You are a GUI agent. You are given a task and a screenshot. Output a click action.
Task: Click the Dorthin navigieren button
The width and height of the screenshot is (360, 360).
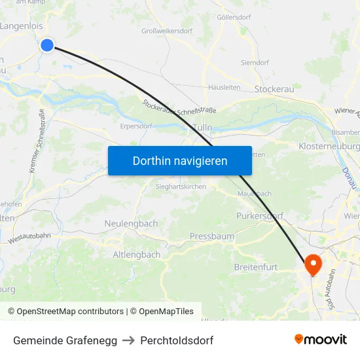tap(180, 160)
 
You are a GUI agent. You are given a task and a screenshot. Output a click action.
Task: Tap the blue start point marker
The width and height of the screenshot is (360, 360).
tap(47, 45)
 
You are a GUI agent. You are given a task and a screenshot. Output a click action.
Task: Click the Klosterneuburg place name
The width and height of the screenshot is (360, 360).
tap(329, 146)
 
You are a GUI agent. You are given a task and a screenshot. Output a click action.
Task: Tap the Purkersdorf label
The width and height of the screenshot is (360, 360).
tap(259, 215)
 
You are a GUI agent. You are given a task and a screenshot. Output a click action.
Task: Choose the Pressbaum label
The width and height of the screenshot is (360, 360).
tap(212, 236)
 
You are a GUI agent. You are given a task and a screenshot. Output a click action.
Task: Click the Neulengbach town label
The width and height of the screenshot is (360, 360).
tap(131, 223)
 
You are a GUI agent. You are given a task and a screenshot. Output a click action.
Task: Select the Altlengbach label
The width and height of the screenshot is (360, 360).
tap(136, 255)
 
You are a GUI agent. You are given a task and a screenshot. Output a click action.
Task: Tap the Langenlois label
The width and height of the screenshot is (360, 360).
tap(22, 26)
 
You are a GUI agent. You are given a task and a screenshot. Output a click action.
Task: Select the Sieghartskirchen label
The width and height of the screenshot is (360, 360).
tap(181, 187)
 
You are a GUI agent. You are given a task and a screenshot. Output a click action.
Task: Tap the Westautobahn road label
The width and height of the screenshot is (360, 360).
tap(31, 238)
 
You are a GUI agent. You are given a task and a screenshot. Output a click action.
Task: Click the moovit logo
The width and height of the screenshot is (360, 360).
tap(321, 340)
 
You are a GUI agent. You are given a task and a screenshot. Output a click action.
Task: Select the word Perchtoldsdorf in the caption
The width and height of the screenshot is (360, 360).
tap(177, 340)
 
